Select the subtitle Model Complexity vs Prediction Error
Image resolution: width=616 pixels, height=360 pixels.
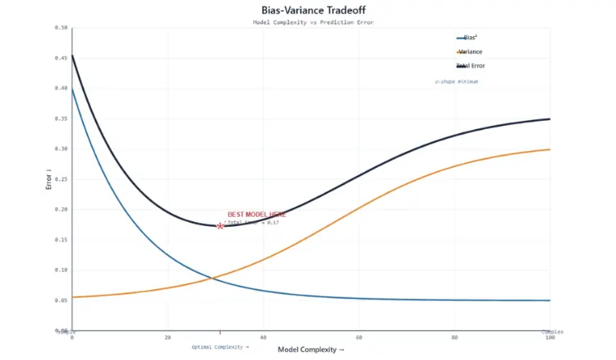(312, 22)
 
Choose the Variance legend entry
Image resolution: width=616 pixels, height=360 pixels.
(470, 52)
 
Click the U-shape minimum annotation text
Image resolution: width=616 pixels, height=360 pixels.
(456, 82)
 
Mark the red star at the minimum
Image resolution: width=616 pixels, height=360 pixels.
(220, 225)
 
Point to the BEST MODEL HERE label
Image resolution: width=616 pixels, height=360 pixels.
(251, 214)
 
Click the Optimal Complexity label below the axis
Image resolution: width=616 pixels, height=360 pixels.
(219, 347)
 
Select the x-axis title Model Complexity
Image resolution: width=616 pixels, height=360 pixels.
(311, 350)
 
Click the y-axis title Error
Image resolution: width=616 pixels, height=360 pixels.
(49, 179)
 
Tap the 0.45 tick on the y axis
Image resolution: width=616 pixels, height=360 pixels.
(61, 58)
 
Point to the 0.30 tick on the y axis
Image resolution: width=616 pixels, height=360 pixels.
(61, 149)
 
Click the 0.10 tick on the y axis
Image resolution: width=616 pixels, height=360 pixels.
(61, 270)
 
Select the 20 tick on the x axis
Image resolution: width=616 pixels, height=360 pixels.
(168, 337)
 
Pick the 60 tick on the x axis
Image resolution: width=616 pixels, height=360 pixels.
(359, 337)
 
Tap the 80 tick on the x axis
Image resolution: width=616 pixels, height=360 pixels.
(454, 337)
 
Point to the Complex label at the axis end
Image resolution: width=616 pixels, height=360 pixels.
(552, 331)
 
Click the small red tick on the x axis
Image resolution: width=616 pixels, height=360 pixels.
(220, 331)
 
